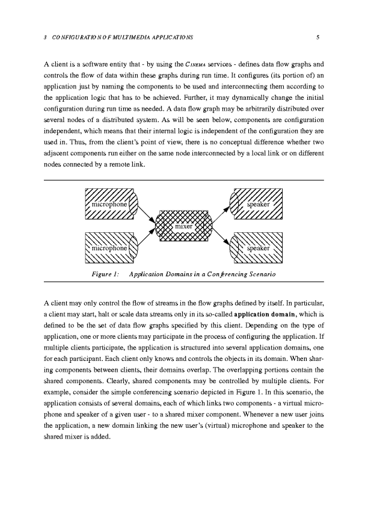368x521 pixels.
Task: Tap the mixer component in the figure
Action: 184,226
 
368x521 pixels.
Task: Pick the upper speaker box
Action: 257,205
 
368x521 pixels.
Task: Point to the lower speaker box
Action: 257,247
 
